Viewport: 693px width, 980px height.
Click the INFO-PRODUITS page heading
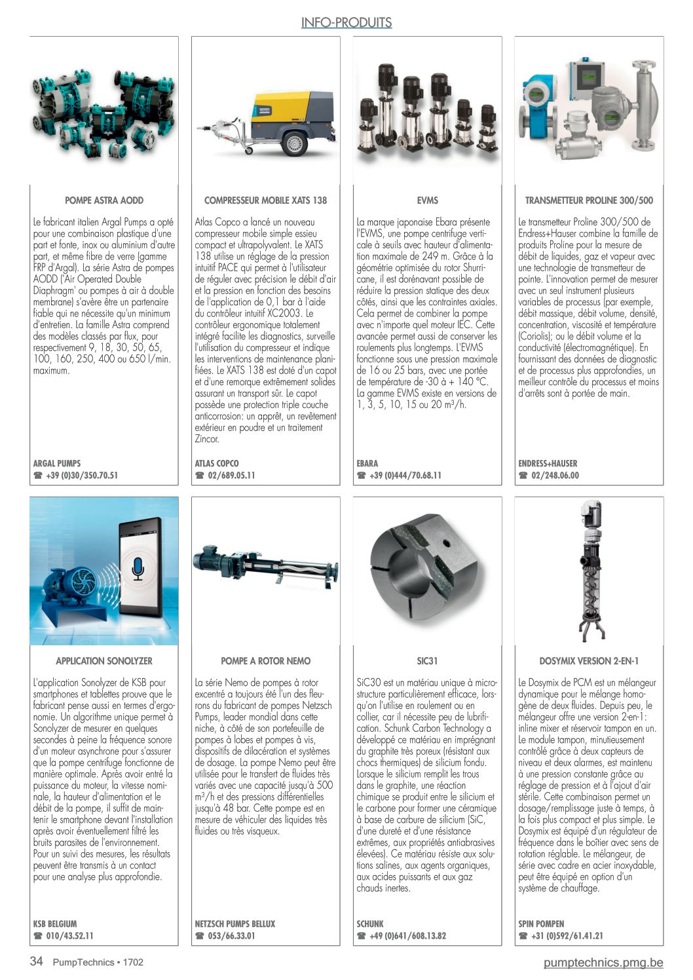[x=346, y=23]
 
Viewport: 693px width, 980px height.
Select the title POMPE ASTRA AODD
[x=104, y=200]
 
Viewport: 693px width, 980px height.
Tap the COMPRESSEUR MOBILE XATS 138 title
[x=265, y=200]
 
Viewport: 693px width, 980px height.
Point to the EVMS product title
[x=427, y=200]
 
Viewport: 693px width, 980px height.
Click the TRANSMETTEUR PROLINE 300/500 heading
[x=589, y=200]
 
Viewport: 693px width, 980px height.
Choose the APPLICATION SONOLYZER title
[x=104, y=661]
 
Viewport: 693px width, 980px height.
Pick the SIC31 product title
[x=427, y=661]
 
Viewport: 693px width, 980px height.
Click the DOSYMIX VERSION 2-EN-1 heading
[x=589, y=661]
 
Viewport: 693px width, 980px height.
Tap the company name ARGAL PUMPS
[x=57, y=463]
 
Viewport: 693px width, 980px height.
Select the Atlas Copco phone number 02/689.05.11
[x=231, y=476]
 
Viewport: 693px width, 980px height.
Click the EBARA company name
[x=367, y=463]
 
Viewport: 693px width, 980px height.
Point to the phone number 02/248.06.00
[x=555, y=476]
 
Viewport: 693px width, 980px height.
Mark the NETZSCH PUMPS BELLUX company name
[x=235, y=924]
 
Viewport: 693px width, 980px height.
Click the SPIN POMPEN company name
[x=541, y=924]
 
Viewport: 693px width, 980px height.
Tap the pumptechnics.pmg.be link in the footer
[x=603, y=962]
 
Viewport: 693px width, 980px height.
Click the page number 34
[x=37, y=962]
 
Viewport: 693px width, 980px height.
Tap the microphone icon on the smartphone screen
[x=138, y=569]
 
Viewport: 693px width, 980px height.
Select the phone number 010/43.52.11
[x=69, y=936]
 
